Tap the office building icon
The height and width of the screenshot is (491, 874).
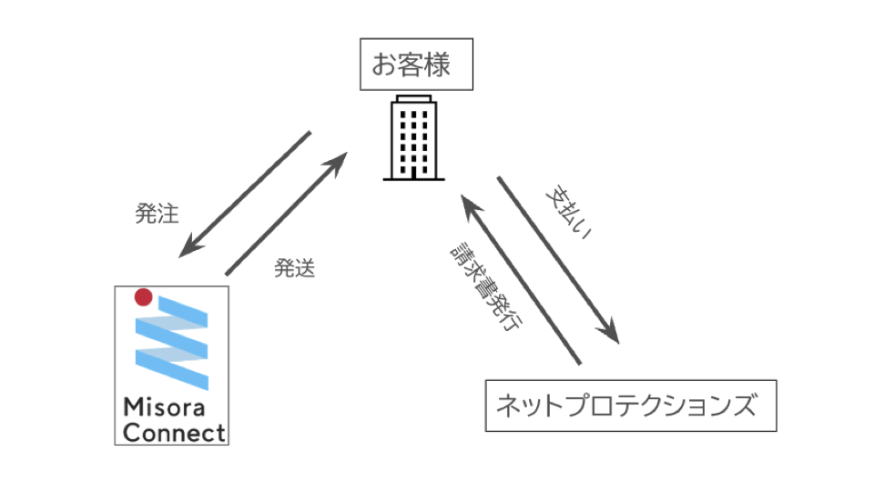pyautogui.click(x=412, y=138)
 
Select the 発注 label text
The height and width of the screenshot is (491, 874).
pyautogui.click(x=157, y=215)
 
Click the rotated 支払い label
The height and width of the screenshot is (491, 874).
pyautogui.click(x=569, y=215)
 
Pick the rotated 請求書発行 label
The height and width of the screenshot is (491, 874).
pyautogui.click(x=485, y=290)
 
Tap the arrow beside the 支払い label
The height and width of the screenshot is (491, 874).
pyautogui.click(x=557, y=259)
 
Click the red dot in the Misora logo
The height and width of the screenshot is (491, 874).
pyautogui.click(x=142, y=296)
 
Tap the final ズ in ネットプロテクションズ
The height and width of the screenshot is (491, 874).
pyautogui.click(x=745, y=406)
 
